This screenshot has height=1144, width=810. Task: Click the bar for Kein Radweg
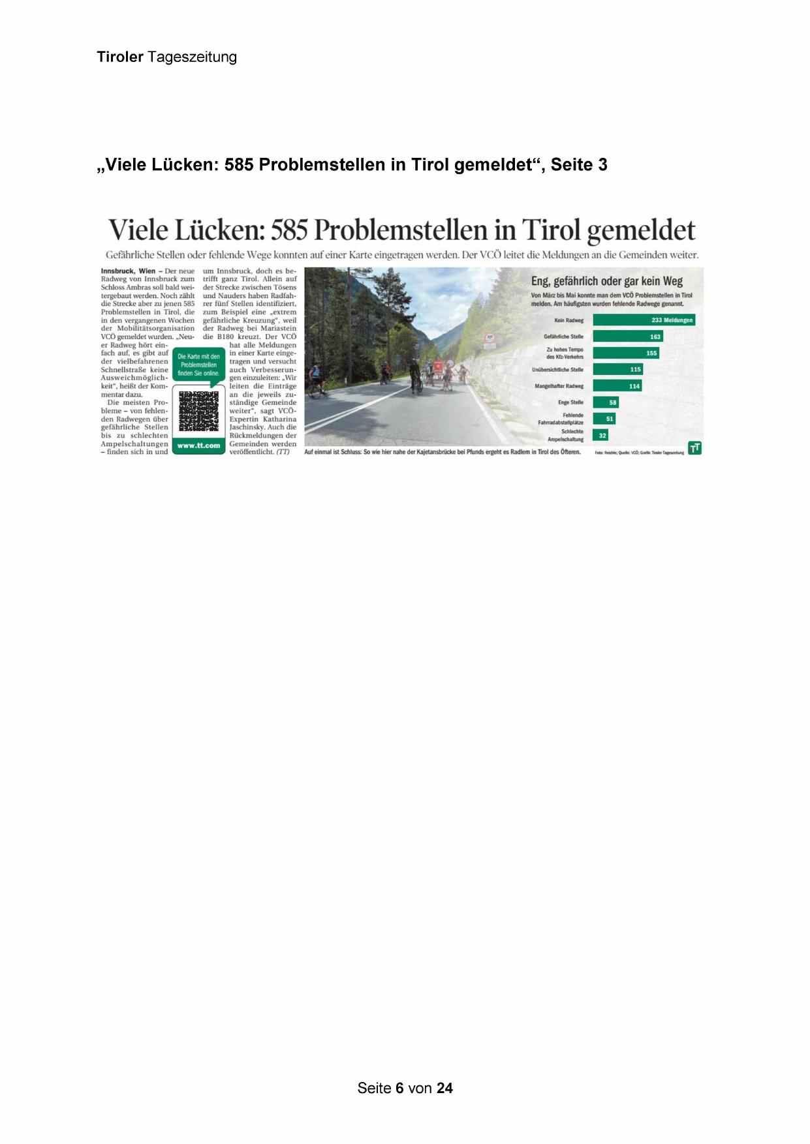coord(644,320)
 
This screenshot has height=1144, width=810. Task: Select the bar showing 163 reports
coord(628,337)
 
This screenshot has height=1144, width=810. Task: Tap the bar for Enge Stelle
coord(606,402)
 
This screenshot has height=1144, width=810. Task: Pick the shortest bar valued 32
coord(600,435)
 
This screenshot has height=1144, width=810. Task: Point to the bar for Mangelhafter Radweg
coord(617,386)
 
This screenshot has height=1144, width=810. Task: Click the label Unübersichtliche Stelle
coord(557,370)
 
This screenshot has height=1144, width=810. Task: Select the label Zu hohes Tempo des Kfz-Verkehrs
coord(565,353)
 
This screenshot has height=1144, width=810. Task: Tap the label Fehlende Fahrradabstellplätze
coord(561,419)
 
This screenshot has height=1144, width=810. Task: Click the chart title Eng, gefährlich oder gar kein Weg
coord(606,281)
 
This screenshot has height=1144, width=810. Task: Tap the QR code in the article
coord(198,411)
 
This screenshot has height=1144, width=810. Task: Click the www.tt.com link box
coord(198,445)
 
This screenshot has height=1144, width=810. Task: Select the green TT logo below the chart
coord(695,448)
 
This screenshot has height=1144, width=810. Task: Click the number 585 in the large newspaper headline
coord(288,230)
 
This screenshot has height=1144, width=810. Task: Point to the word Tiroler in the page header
coord(120,57)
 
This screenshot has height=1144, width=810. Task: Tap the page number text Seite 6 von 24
coord(405,1088)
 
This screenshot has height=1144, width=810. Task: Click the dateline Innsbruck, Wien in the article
coord(128,271)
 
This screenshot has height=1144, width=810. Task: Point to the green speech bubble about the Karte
coord(198,365)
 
